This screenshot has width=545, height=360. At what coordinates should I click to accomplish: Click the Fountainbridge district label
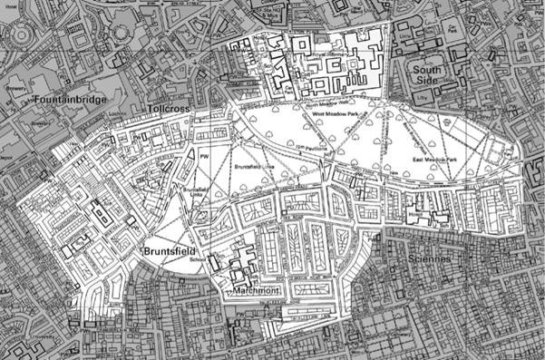[x=68, y=96]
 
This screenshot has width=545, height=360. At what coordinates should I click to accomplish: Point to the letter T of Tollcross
[x=149, y=109]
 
